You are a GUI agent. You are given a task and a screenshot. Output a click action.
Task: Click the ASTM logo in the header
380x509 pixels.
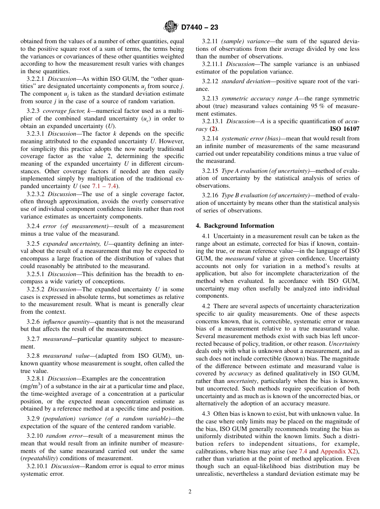171,27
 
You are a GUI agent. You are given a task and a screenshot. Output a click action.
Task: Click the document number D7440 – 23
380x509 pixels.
200,28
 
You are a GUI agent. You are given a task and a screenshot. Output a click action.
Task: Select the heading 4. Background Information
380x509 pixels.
235,226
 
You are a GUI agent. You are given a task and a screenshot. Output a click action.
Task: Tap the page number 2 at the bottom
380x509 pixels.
190,492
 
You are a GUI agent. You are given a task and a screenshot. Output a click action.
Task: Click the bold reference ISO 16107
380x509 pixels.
344,129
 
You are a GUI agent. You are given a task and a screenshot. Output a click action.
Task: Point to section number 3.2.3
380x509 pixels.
33,111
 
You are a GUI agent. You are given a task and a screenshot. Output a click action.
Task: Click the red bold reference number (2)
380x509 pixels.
214,129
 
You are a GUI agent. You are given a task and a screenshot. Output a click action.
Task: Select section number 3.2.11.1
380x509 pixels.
212,64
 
